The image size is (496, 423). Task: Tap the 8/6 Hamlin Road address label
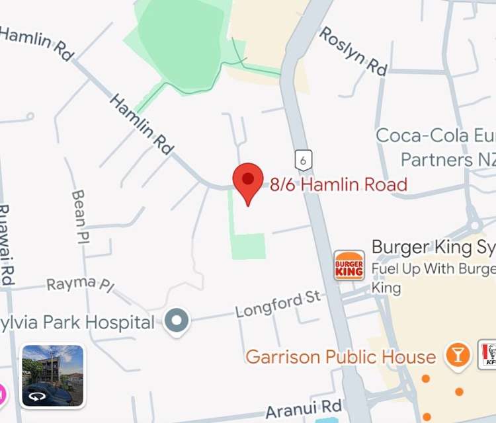(338, 184)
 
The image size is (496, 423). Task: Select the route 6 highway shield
(303, 159)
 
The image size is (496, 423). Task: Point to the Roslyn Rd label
(352, 51)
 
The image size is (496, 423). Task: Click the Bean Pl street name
(79, 215)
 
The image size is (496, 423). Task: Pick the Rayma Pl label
(80, 284)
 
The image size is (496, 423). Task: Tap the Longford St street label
(278, 305)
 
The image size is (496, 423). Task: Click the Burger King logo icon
(349, 265)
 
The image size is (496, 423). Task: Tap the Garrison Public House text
(341, 357)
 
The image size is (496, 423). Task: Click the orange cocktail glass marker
(457, 354)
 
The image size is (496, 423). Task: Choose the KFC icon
(488, 354)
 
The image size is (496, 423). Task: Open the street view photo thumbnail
(53, 375)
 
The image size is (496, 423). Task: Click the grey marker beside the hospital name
(177, 323)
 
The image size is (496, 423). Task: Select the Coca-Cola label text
(433, 135)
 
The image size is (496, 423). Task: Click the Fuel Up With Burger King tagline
(433, 269)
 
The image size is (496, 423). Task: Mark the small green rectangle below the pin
(248, 246)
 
